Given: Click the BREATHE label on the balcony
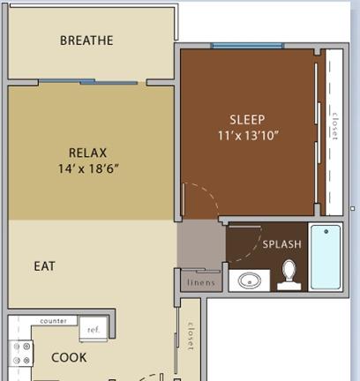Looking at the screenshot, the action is (86, 41).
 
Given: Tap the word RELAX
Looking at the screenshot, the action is (87, 153).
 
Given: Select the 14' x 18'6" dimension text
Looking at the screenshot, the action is (88, 169).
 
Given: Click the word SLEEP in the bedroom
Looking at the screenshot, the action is (247, 120).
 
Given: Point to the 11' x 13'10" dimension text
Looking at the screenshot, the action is (248, 136).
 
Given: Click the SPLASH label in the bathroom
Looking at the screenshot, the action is (282, 244).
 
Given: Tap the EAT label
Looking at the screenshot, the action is (45, 266).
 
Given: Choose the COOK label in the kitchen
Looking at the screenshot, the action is (69, 357).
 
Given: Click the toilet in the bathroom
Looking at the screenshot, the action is (289, 275).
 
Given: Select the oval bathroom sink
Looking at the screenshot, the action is (250, 280).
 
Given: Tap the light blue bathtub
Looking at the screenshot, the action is (326, 257).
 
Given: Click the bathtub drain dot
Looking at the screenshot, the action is (326, 232).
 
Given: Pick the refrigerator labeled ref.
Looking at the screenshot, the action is (94, 329).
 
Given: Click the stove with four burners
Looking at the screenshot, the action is (21, 353).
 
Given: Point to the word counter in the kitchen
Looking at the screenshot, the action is (53, 321).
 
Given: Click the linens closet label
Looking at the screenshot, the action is (201, 283).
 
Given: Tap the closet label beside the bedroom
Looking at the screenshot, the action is (335, 126).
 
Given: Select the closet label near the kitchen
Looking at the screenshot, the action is (191, 336).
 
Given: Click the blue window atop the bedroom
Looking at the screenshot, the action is (247, 46).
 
